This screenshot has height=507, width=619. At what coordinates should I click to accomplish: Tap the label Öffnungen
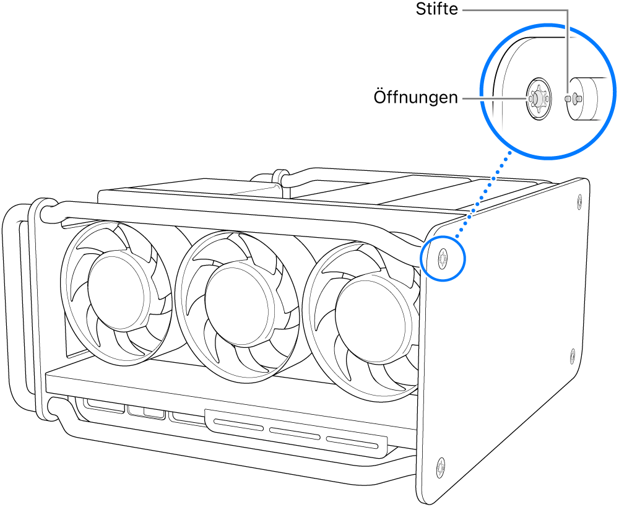[x=415, y=98]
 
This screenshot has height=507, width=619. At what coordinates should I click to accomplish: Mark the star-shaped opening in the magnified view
[x=537, y=98]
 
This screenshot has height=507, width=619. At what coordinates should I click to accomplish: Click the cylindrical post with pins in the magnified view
[x=585, y=98]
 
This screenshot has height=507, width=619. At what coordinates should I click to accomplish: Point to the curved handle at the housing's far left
[x=14, y=310]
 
